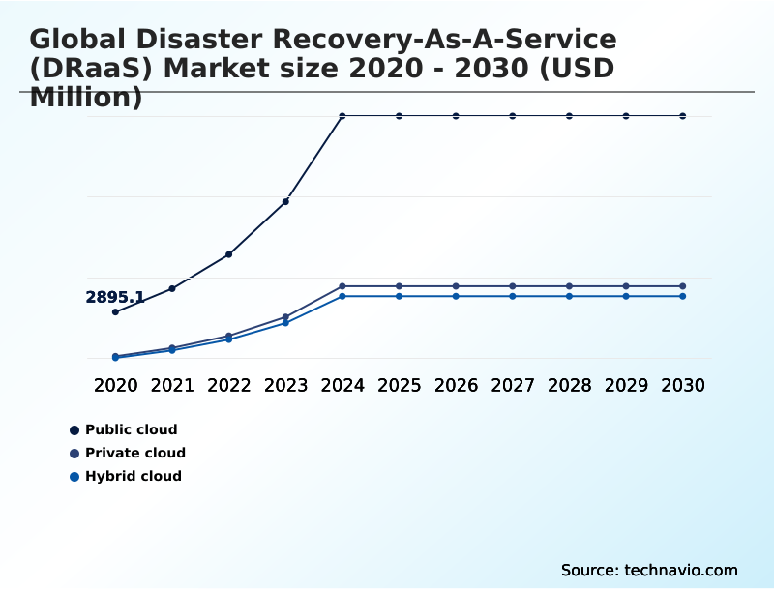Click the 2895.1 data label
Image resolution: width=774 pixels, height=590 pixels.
point(115,298)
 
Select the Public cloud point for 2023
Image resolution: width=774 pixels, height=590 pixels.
point(285,201)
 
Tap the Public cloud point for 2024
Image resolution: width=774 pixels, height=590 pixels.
point(342,116)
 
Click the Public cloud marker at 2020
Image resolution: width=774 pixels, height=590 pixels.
point(115,312)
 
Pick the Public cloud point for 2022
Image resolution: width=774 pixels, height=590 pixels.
point(228,254)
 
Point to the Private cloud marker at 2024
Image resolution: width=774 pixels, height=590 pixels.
point(342,286)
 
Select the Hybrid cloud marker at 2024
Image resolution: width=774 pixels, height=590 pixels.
point(342,296)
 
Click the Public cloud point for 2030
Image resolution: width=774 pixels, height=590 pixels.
point(683,116)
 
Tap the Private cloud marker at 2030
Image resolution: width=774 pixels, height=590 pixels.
point(683,286)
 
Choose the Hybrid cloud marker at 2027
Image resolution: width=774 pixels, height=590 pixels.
point(513,296)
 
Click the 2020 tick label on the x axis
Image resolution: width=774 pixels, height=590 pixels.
point(115,385)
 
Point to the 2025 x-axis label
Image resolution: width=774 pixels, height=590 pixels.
point(399,385)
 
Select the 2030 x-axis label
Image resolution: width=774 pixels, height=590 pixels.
point(683,385)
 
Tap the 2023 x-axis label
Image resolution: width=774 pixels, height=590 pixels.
point(285,385)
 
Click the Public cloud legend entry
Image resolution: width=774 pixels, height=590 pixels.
point(131,429)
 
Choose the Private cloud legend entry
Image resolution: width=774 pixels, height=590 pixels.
point(134,453)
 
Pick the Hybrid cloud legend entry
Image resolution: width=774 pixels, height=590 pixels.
point(133,476)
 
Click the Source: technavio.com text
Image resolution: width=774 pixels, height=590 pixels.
point(649,570)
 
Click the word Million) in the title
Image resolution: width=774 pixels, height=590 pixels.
point(86,98)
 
